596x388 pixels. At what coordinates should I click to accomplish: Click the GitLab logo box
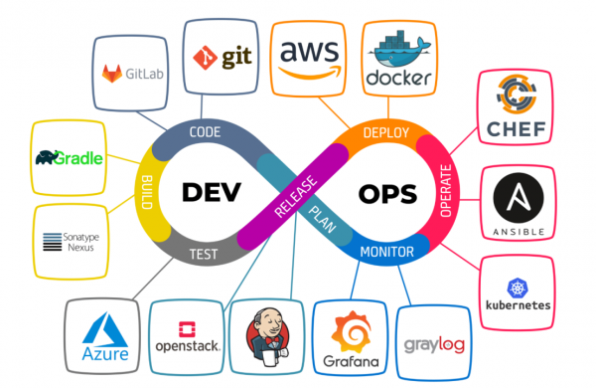click(133, 73)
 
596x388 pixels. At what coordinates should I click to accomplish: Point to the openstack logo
click(187, 338)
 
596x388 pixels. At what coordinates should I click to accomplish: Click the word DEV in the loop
click(211, 193)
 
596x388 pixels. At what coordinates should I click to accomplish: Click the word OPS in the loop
click(379, 193)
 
